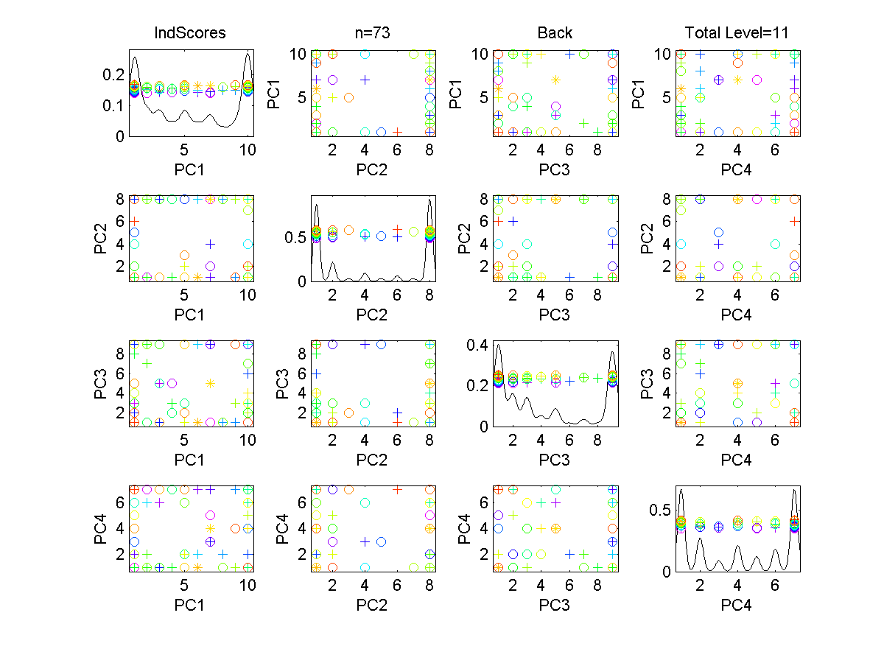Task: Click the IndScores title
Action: (189, 33)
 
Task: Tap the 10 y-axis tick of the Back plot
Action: (478, 54)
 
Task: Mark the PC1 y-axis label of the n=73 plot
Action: (274, 94)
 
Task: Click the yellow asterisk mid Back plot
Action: (555, 80)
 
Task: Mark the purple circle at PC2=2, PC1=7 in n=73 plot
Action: (332, 80)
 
